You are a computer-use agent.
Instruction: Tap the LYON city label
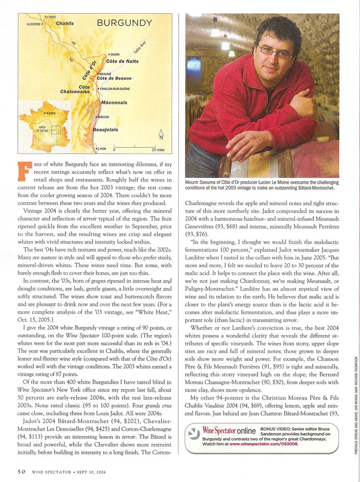tap(102, 149)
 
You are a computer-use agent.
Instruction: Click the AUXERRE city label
tap(34, 24)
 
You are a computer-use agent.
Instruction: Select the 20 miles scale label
tap(158, 150)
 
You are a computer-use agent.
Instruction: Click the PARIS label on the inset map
tap(52, 113)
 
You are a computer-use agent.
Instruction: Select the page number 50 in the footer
tap(21, 470)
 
